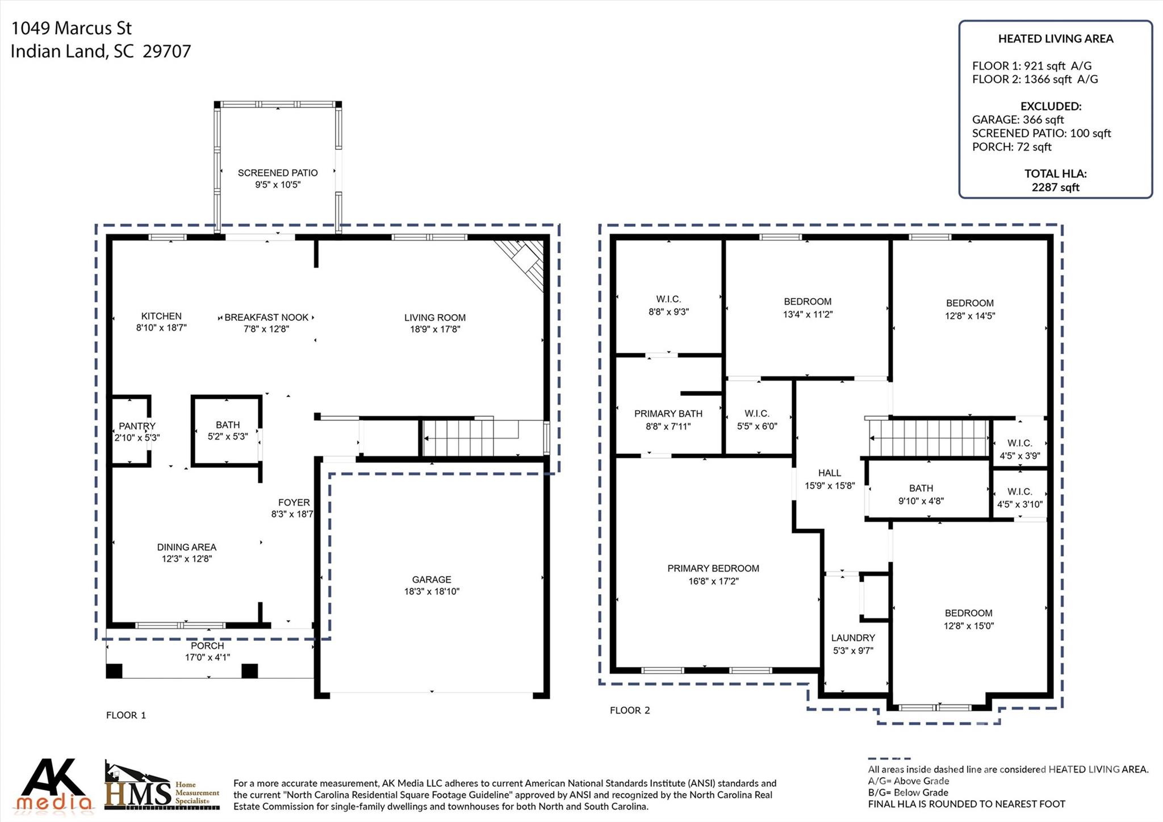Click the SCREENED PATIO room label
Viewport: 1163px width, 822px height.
coord(277,173)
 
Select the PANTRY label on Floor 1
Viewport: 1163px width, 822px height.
coord(137,426)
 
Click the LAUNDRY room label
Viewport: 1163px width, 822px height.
coord(853,638)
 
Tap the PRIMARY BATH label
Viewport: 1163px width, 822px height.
coord(668,414)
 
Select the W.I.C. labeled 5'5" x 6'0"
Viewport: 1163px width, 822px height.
coord(757,420)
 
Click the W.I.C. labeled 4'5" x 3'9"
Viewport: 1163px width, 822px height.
coord(1020,449)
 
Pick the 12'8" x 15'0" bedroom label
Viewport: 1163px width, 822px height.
coord(969,619)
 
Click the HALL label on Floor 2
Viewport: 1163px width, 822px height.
coord(830,473)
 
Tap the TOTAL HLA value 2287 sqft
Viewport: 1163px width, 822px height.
coord(1055,187)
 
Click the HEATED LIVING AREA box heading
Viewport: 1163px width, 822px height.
coord(1055,39)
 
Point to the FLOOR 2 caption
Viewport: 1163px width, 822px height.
coord(630,710)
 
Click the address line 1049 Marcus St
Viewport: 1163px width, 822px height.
coord(72,28)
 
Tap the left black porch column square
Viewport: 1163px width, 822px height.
coord(114,670)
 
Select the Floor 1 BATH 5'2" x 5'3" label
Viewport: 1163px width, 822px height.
coord(228,431)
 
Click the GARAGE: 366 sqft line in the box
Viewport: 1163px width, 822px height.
coord(1018,120)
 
